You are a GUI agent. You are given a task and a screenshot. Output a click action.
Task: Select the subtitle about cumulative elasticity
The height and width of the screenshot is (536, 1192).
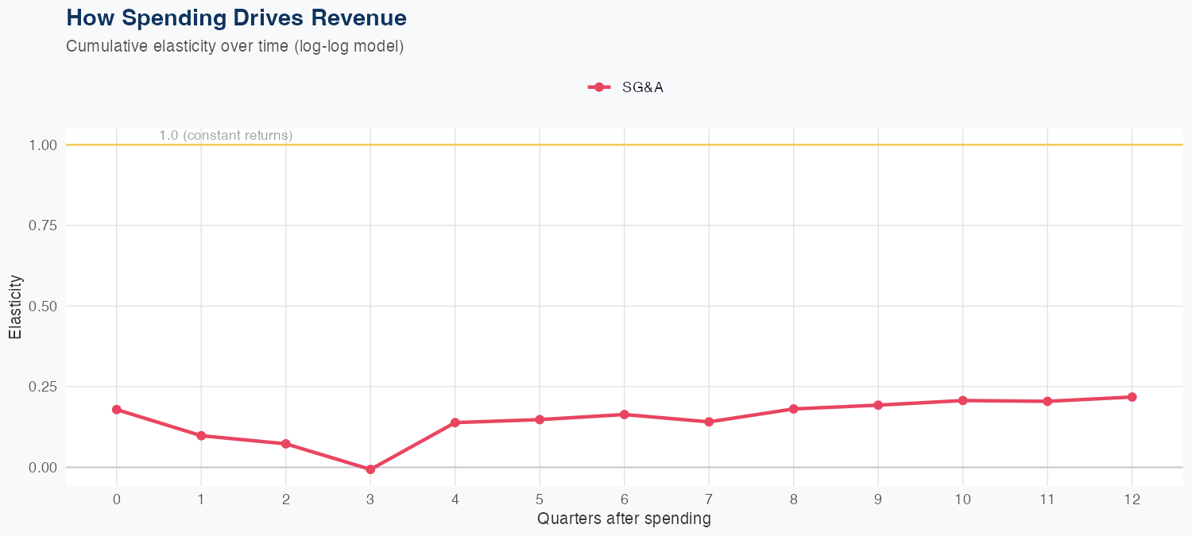(x=235, y=46)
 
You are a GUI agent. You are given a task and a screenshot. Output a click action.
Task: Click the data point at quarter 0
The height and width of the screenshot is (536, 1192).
(x=117, y=410)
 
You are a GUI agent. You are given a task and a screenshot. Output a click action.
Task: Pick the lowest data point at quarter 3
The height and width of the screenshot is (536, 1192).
(x=370, y=469)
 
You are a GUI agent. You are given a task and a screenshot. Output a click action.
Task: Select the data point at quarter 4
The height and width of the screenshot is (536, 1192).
(x=455, y=422)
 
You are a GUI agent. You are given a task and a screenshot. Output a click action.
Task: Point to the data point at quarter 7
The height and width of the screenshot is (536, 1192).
(x=709, y=422)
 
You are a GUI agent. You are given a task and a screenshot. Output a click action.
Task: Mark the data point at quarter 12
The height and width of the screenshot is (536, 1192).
(x=1132, y=397)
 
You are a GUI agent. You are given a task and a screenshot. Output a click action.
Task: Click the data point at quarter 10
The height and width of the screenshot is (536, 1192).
(x=962, y=400)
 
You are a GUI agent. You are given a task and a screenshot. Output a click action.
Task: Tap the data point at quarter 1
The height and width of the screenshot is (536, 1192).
(x=201, y=435)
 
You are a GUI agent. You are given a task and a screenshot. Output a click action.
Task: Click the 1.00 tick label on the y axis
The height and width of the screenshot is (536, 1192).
(x=43, y=145)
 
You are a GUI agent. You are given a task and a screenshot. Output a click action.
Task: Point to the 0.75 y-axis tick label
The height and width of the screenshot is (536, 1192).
(x=43, y=226)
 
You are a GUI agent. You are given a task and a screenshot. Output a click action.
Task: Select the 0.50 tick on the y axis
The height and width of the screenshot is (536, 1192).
(x=43, y=307)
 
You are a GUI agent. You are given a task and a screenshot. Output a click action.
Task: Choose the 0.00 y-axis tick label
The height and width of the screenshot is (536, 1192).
(x=43, y=468)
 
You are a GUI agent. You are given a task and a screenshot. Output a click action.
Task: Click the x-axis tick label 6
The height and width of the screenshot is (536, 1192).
(x=625, y=499)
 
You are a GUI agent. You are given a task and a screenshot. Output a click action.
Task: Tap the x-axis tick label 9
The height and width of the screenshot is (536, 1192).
(x=878, y=499)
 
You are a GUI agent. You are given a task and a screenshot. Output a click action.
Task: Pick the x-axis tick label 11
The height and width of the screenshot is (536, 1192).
(x=1047, y=499)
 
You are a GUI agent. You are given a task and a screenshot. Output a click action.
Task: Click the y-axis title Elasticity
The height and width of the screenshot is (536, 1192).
(x=15, y=307)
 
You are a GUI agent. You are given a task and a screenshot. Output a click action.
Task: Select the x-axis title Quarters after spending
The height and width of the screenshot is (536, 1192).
(x=624, y=519)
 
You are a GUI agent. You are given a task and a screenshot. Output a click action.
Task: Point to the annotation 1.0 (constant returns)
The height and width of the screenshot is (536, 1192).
(x=226, y=136)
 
